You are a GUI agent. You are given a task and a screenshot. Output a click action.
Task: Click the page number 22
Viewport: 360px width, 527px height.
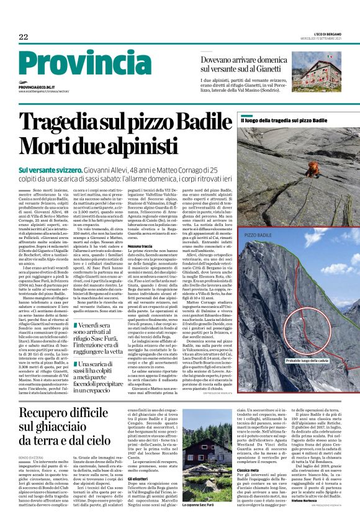coord(24,38)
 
